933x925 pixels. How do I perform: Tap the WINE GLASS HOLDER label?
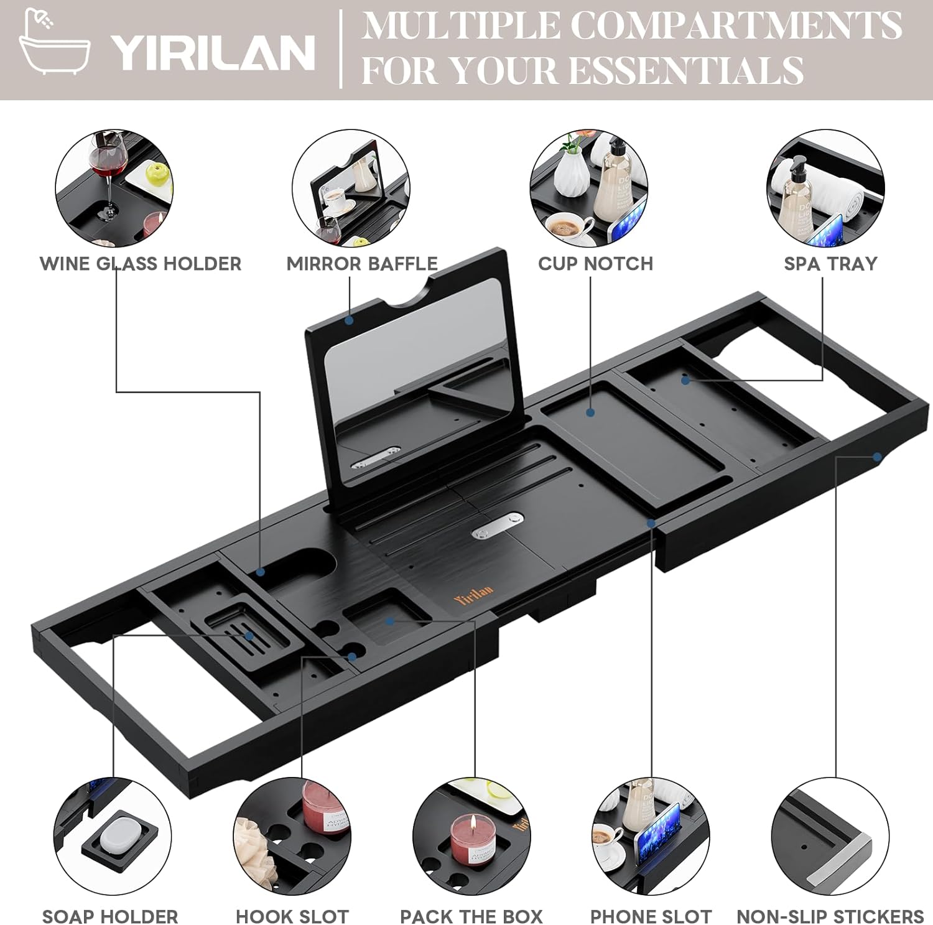click(141, 264)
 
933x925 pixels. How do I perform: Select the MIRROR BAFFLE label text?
click(362, 264)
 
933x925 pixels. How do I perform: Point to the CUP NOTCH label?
click(595, 264)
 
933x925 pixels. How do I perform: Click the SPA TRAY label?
click(830, 264)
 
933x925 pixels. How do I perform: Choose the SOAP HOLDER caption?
click(110, 916)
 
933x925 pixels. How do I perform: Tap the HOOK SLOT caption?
click(292, 916)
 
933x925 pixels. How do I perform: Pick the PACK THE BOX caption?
click(471, 916)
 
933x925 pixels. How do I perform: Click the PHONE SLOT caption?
click(651, 916)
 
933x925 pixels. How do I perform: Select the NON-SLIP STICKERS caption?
click(830, 916)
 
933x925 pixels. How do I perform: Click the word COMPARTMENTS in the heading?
click(736, 26)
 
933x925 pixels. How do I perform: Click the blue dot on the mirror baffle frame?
click(350, 321)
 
